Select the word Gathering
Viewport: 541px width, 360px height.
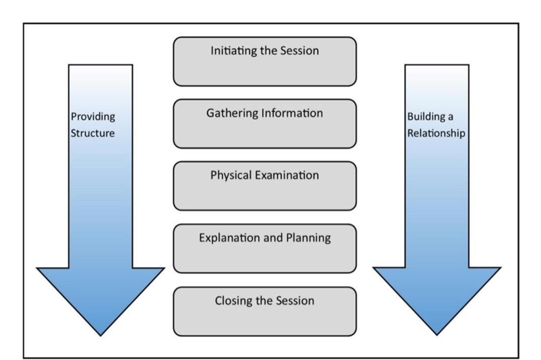(232, 113)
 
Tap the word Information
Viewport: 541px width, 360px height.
(292, 113)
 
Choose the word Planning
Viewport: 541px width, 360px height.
(309, 238)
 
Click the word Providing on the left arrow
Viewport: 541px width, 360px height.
(93, 117)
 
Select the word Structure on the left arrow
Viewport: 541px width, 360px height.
(92, 133)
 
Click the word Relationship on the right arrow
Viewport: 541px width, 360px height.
(436, 133)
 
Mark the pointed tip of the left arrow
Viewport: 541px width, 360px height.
(100, 335)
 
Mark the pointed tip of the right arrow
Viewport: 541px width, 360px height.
(437, 335)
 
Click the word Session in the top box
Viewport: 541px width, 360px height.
(299, 51)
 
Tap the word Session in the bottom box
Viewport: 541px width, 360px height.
(295, 301)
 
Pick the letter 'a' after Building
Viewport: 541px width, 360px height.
(450, 117)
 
